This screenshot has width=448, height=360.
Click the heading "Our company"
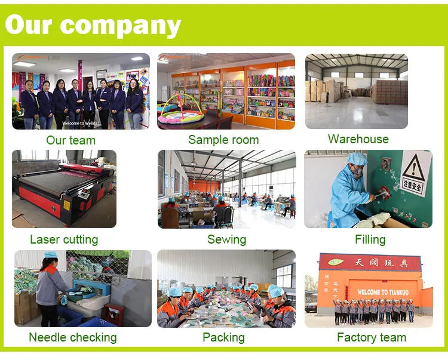pos(93,25)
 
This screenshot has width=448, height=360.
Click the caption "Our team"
pos(70,140)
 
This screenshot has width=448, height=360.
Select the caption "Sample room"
pos(223,140)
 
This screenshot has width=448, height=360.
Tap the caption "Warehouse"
pos(358,139)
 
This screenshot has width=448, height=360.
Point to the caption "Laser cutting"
pos(64,239)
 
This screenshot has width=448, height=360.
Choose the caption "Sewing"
pos(226,239)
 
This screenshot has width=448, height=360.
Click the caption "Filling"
pos(370,239)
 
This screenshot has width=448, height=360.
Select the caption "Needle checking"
pos(72,337)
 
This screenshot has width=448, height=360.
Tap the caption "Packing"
pos(224,337)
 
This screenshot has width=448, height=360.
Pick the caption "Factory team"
pos(372,337)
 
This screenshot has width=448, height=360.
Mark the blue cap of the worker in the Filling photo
pos(357,158)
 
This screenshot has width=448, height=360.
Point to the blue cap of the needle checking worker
pos(49,255)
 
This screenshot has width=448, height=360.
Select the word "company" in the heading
pos(120,25)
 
